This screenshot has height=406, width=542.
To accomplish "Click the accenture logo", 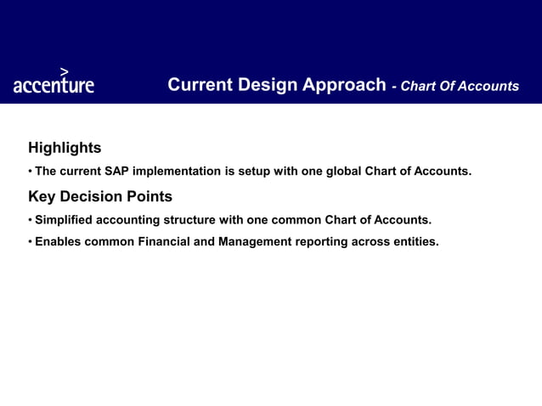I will [x=54, y=84].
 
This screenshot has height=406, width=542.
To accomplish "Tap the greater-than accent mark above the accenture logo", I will [x=65, y=71].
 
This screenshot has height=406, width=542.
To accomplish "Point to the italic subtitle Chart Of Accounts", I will [x=460, y=86].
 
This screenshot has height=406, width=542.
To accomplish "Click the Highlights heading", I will [x=65, y=148].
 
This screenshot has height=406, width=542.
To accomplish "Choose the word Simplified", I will [x=65, y=220].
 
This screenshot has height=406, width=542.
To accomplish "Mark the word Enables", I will [x=59, y=242].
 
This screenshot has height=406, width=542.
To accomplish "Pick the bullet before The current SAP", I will [x=30, y=172].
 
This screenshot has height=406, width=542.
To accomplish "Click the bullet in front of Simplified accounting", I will [x=30, y=221].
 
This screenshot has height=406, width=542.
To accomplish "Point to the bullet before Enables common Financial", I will [x=30, y=243].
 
